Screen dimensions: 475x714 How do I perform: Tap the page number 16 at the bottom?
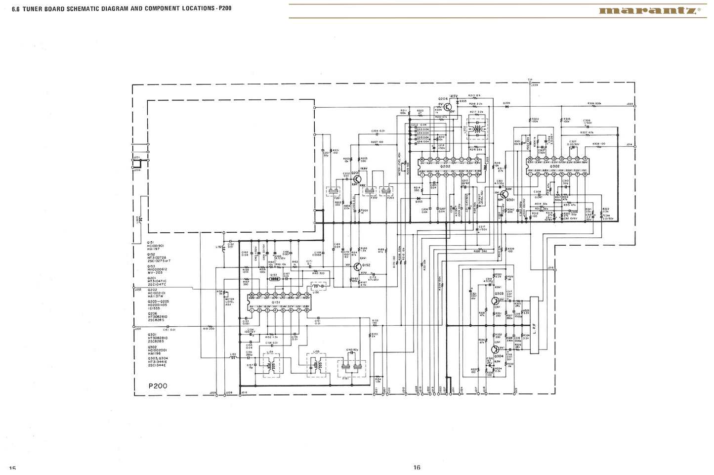(417, 467)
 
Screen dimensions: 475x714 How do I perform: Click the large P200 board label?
(158, 386)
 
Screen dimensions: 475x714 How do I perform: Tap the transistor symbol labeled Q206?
(447, 106)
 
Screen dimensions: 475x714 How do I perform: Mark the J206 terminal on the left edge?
(134, 327)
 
